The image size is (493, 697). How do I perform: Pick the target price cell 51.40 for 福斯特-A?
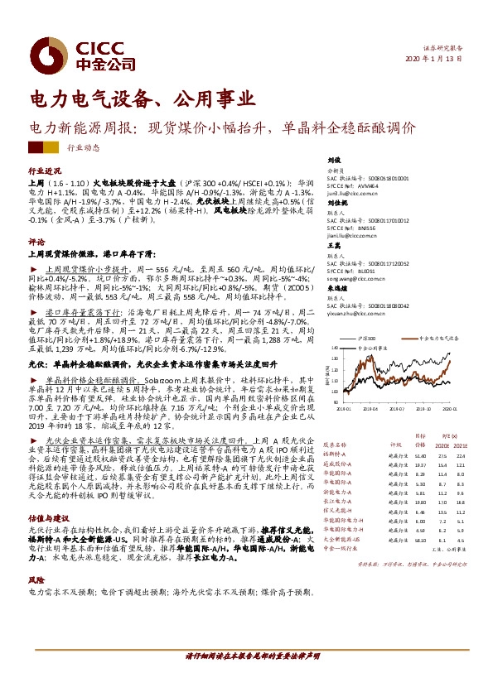421,455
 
